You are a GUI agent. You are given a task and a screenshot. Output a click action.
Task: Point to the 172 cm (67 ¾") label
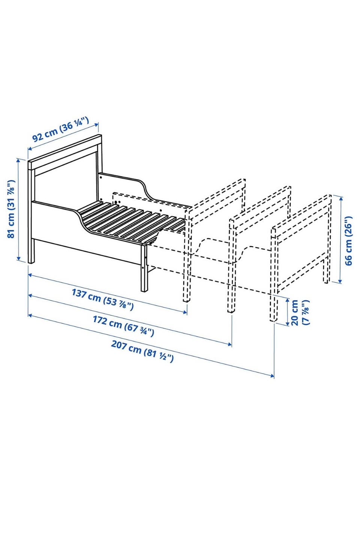tap(123, 326)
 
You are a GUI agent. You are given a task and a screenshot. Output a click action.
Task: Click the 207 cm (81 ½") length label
tap(142, 351)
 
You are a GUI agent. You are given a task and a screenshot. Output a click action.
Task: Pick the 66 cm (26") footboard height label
tap(348, 240)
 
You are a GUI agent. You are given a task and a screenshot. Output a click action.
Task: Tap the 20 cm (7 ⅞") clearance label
tap(300, 313)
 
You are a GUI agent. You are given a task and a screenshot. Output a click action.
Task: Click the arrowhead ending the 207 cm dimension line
tap(272, 375)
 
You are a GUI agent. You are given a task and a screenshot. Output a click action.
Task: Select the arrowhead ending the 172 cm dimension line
tap(230, 344)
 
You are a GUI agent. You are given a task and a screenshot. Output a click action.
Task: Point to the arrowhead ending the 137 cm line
tap(185, 312)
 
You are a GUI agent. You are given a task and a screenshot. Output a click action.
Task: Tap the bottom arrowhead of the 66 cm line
tap(340, 281)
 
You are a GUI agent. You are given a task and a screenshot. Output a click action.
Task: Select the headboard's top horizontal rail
tap(65, 152)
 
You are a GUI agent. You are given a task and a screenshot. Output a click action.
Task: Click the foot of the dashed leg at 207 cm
tap(272, 320)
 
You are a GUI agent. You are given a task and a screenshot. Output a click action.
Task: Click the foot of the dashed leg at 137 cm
tap(186, 300)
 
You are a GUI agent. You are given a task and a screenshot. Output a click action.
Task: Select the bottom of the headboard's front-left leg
tap(31, 262)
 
